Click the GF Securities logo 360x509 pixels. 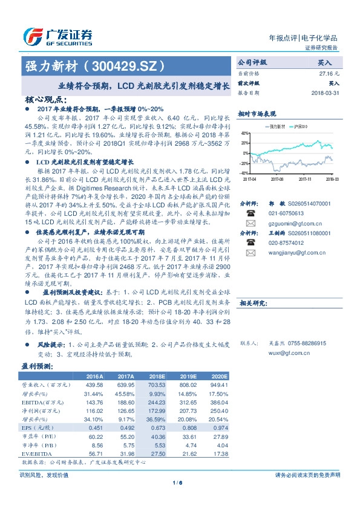pyautogui.click(x=57, y=36)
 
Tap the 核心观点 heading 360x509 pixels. pyautogui.click(x=45, y=99)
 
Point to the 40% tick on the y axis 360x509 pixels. pyautogui.click(x=243, y=133)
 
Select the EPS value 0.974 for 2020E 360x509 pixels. pyautogui.click(x=220, y=427)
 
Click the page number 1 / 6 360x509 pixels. pyautogui.click(x=178, y=482)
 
